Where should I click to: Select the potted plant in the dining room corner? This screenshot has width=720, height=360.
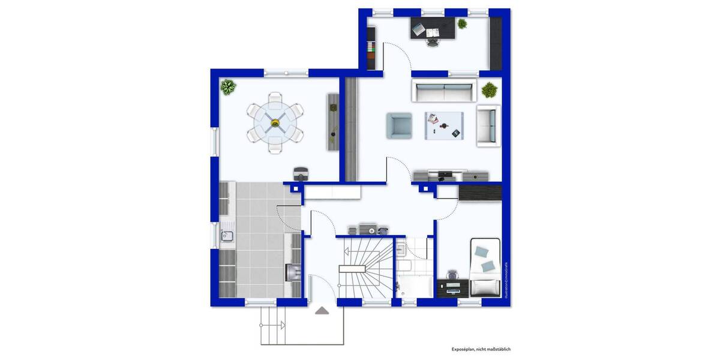pyautogui.click(x=228, y=88)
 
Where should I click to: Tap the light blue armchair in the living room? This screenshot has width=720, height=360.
pyautogui.click(x=399, y=125)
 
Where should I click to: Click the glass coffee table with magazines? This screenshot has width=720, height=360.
pyautogui.click(x=444, y=125)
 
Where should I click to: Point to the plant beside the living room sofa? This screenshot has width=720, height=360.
pyautogui.click(x=490, y=91)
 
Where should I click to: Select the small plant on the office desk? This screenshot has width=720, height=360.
pyautogui.click(x=462, y=24)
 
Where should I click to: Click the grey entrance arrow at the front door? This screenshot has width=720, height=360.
pyautogui.click(x=322, y=310)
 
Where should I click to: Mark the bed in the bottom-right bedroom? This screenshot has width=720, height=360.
pyautogui.click(x=485, y=267)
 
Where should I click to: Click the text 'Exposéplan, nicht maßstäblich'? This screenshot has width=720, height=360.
pyautogui.click(x=481, y=349)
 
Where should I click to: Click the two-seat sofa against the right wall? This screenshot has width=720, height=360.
pyautogui.click(x=488, y=125)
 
